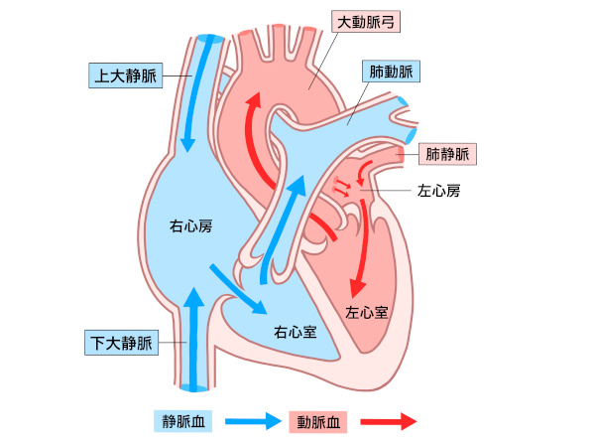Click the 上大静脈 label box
click(x=124, y=74)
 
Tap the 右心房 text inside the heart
click(x=191, y=226)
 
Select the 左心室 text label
click(x=366, y=311)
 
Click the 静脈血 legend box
click(x=183, y=421)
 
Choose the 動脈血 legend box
click(x=319, y=421)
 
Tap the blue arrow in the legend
click(x=253, y=421)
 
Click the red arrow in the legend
click(x=388, y=421)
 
